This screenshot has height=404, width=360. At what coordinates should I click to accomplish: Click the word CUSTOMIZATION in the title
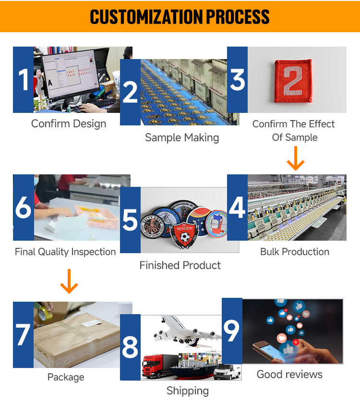146,17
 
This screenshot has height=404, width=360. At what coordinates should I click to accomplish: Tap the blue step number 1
24,80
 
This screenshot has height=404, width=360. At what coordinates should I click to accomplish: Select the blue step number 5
130,220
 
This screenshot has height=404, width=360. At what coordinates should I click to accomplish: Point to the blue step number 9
232,331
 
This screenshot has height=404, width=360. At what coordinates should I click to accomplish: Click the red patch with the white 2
293,81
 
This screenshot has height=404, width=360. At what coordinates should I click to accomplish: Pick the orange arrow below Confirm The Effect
296,158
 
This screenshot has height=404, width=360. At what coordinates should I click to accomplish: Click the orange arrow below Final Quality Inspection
69,281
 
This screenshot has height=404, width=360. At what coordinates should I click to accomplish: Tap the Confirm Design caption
69,123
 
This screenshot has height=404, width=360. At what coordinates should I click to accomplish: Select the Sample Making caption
182,137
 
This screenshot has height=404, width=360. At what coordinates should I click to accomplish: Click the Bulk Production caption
295,252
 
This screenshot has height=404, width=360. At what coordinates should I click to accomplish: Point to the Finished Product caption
180,265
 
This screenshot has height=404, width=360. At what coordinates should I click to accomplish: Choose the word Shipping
188,391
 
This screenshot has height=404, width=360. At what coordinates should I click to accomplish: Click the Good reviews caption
290,374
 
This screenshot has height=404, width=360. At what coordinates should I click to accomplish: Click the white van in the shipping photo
227,372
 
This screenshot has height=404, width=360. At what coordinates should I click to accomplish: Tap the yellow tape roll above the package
45,313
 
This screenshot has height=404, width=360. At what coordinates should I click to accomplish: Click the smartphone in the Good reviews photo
268,350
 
